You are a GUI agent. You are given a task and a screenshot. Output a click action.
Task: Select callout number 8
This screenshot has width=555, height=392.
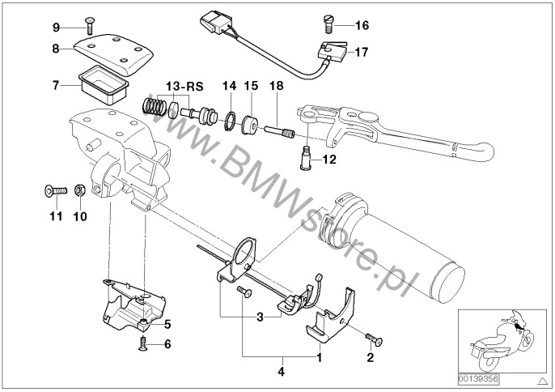pos(56,49)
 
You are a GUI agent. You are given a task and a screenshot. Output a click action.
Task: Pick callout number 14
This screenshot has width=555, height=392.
pos(230,85)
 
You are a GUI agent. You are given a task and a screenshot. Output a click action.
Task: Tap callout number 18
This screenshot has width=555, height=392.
pos(276,85)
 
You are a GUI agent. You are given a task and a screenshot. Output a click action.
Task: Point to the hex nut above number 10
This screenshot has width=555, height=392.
pos(80,191)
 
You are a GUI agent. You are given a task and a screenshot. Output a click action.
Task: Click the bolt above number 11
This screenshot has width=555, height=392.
pos(54,192)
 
